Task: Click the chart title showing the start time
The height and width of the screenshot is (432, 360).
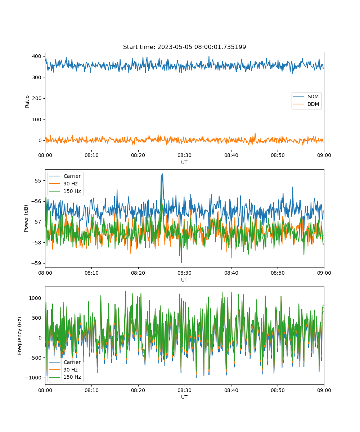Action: [184, 47]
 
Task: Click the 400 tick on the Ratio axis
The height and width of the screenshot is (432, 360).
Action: [37, 56]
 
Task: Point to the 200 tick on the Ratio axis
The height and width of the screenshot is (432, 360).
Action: [37, 98]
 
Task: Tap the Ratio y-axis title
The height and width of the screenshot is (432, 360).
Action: [27, 102]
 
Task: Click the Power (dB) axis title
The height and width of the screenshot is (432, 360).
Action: [26, 218]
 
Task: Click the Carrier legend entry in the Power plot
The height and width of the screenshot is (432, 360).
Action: [65, 176]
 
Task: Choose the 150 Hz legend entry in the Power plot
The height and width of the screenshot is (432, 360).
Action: [65, 191]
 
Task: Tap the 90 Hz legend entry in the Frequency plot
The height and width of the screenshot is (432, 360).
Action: [63, 370]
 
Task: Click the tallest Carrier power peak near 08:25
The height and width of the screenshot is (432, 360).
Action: [163, 174]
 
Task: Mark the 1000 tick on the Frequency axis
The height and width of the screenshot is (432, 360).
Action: [35, 298]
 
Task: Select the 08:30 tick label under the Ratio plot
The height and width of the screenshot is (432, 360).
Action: [184, 156]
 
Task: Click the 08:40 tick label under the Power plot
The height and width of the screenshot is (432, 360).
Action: [231, 273]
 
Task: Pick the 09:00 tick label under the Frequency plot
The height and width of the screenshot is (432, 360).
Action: [324, 390]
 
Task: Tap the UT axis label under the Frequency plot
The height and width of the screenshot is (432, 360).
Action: [184, 397]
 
